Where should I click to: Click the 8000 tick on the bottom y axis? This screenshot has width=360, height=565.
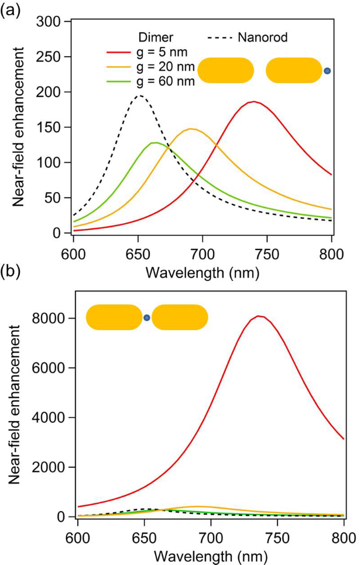pyautogui.click(x=55, y=318)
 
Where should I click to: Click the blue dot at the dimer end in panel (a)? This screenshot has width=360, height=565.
pyautogui.click(x=328, y=71)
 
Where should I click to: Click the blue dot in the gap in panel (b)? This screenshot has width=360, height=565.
pyautogui.click(x=147, y=318)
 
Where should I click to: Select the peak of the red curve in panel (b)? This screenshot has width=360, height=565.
pyautogui.click(x=260, y=316)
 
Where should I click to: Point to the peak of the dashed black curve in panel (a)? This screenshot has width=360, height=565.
pyautogui.click(x=139, y=95)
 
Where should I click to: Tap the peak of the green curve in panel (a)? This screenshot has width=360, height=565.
pyautogui.click(x=154, y=142)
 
